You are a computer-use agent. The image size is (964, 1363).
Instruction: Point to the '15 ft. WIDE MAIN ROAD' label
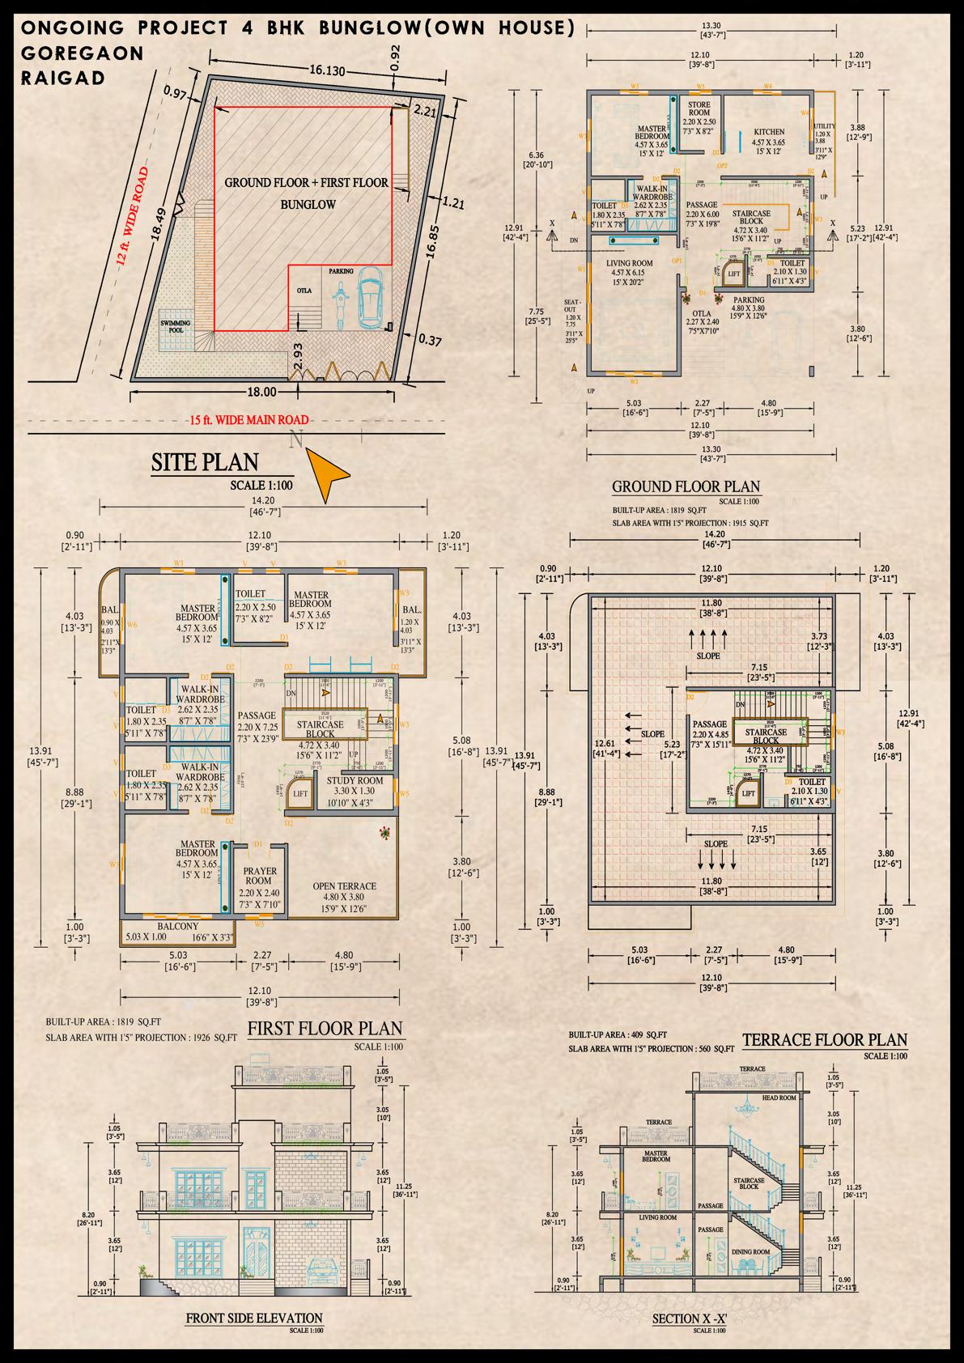click(x=249, y=419)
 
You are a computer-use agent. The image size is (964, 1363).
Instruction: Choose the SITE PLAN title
click(x=205, y=462)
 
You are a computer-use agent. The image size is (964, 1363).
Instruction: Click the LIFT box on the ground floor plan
click(x=734, y=274)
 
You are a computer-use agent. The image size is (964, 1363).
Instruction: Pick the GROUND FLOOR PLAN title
click(x=686, y=486)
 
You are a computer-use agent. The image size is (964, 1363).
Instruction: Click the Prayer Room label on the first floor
click(x=261, y=876)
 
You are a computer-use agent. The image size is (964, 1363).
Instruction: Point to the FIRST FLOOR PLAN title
click(x=325, y=1028)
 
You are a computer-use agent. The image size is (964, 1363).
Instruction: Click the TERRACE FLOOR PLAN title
click(x=824, y=1039)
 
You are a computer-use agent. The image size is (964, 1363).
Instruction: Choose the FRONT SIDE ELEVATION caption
click(x=254, y=1318)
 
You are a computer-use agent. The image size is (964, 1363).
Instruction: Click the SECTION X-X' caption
click(x=690, y=1319)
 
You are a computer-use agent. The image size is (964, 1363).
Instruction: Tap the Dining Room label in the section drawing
click(x=750, y=1252)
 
